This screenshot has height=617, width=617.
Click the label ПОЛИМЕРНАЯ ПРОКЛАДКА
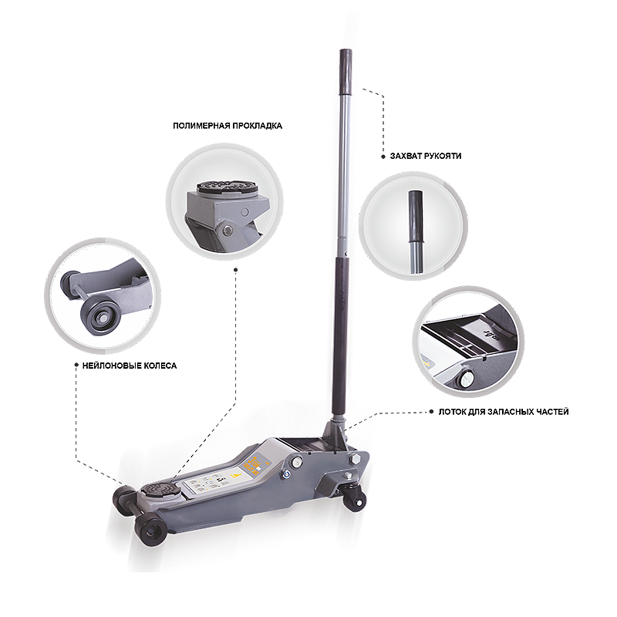point(228,126)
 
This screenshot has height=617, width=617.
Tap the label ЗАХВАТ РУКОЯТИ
point(426,156)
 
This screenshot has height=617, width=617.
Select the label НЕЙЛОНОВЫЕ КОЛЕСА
point(130,366)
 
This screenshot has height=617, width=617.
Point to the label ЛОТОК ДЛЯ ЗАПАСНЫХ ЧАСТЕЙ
point(504,412)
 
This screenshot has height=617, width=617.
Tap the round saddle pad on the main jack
point(161,489)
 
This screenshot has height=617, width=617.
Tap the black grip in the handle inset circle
point(416,217)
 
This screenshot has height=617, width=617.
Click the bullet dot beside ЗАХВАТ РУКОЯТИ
point(383,157)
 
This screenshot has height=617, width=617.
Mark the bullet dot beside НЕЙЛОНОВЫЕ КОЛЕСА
point(76,365)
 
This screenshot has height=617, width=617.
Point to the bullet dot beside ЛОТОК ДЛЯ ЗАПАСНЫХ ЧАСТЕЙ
point(432,412)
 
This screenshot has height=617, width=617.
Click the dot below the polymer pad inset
point(236,269)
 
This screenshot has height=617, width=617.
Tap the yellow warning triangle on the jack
point(235,474)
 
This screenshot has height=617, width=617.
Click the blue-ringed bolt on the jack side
point(285,474)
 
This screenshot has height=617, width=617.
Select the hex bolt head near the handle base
point(353,459)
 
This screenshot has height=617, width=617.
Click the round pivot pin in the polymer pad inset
point(226,230)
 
